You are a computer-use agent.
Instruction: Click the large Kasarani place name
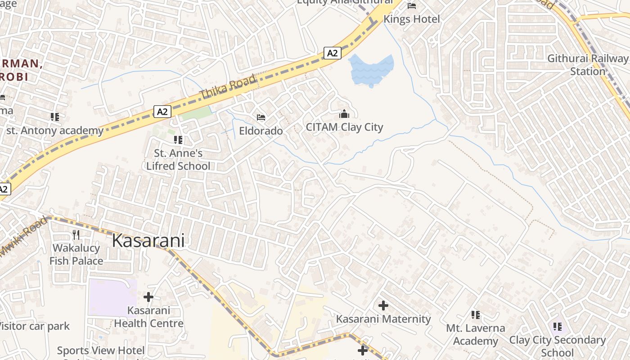pyautogui.click(x=148, y=241)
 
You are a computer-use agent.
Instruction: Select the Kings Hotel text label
pyautogui.click(x=411, y=19)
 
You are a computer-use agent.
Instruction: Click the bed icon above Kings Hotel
pyautogui.click(x=412, y=6)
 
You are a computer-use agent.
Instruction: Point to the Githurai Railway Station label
pyautogui.click(x=588, y=65)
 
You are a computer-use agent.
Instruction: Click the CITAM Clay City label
pyautogui.click(x=344, y=127)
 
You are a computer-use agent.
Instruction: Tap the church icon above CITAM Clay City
pyautogui.click(x=344, y=114)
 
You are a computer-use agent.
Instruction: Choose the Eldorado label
pyautogui.click(x=261, y=131)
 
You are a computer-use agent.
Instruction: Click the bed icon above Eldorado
pyautogui.click(x=261, y=117)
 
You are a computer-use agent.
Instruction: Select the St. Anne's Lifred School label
pyautogui.click(x=178, y=160)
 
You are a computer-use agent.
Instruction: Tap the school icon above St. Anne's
pyautogui.click(x=178, y=140)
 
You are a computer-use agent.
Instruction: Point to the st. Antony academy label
pyautogui.click(x=54, y=131)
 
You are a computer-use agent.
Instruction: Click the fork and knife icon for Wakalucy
pyautogui.click(x=76, y=234)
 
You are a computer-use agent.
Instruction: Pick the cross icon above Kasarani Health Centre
pyautogui.click(x=148, y=297)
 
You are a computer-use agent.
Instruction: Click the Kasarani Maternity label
pyautogui.click(x=383, y=319)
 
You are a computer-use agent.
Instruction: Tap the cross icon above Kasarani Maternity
pyautogui.click(x=383, y=306)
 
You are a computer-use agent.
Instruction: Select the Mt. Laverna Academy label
pyautogui.click(x=476, y=334)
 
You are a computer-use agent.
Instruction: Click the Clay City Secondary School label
pyautogui.click(x=558, y=346)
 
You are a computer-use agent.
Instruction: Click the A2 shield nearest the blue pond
pyautogui.click(x=332, y=53)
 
